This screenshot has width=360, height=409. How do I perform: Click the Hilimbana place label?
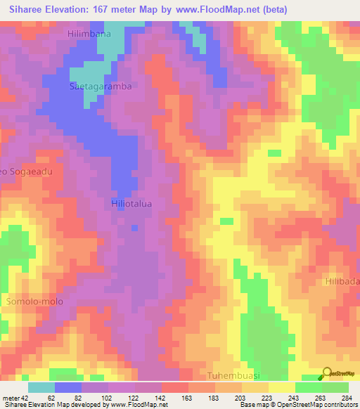coord(90,34)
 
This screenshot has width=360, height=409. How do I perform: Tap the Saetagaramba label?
coord(101,86)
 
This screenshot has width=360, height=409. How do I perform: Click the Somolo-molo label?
coord(34,301)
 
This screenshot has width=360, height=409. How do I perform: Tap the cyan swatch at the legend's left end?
coord(41,387)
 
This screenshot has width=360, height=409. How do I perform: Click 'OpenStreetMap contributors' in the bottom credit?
coord(317,405)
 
